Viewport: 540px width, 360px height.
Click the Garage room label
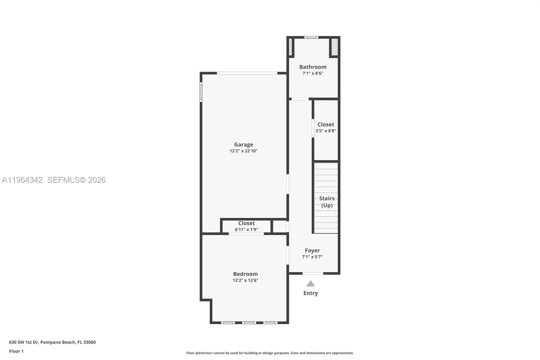(x=243, y=145)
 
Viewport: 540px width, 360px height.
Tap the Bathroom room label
(x=313, y=67)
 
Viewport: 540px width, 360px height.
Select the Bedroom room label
(x=245, y=274)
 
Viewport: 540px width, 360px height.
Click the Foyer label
(x=312, y=251)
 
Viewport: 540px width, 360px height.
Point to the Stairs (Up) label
(x=327, y=202)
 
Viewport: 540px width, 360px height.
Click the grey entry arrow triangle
(x=310, y=284)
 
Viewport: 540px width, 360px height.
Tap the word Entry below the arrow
(x=310, y=293)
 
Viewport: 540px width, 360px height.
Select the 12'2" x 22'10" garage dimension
(x=243, y=151)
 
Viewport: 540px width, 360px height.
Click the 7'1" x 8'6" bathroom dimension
(x=313, y=73)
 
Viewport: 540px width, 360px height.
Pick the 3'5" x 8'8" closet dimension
(x=326, y=131)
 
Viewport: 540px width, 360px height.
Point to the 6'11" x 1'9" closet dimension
(x=246, y=230)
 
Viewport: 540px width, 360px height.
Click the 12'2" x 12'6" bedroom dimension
(x=245, y=280)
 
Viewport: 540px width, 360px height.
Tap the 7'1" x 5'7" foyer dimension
(x=312, y=257)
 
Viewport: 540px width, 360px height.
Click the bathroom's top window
(x=311, y=37)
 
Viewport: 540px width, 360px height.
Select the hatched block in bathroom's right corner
(x=334, y=47)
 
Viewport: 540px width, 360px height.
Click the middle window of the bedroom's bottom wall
(x=249, y=323)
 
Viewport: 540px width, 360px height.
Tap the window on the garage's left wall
(x=201, y=92)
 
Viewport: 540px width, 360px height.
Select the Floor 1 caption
(x=16, y=351)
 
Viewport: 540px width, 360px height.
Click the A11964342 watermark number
(x=22, y=180)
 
